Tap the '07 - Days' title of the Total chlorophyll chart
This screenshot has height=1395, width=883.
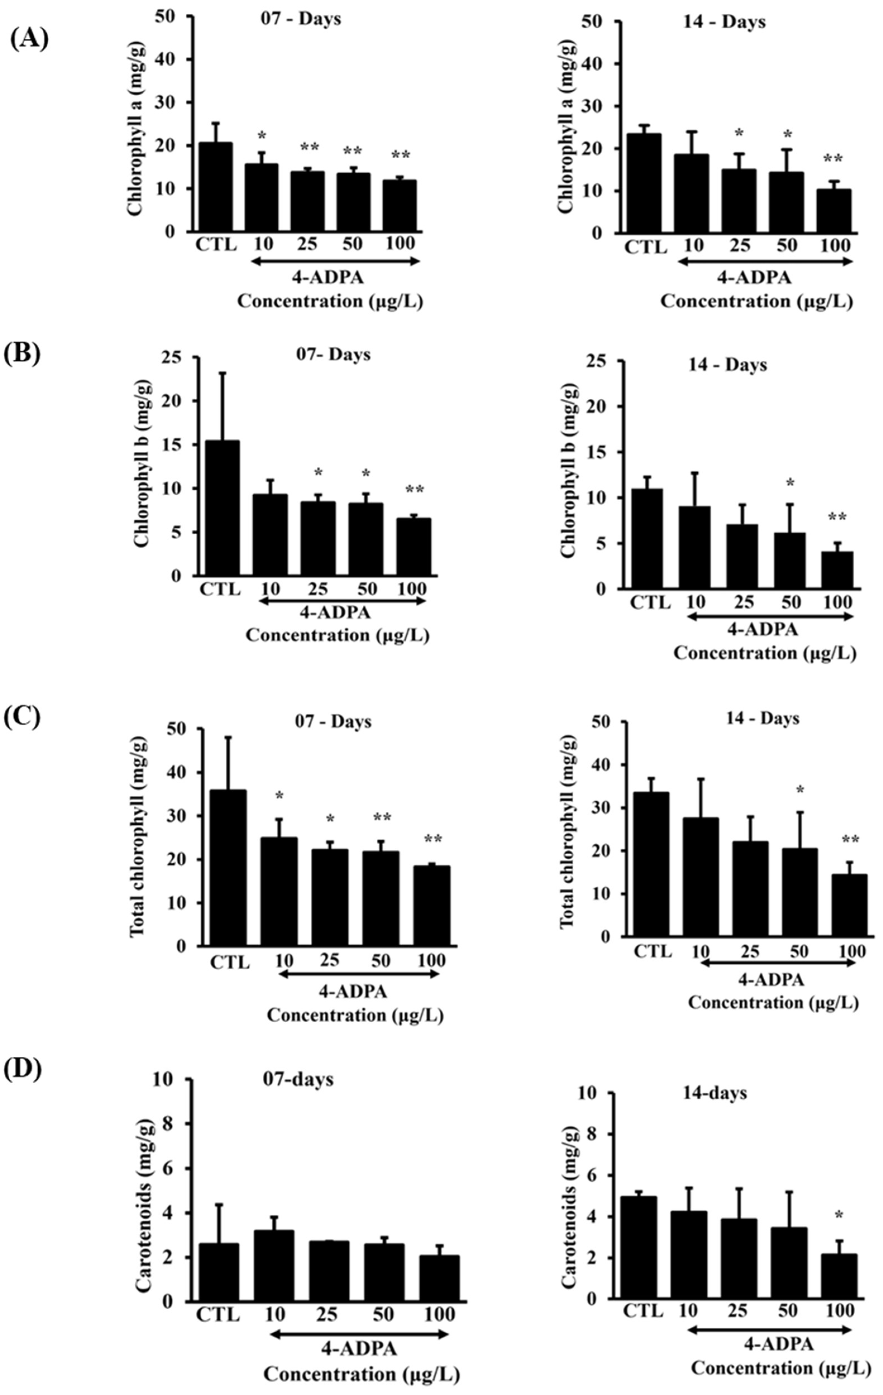[x=333, y=722]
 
